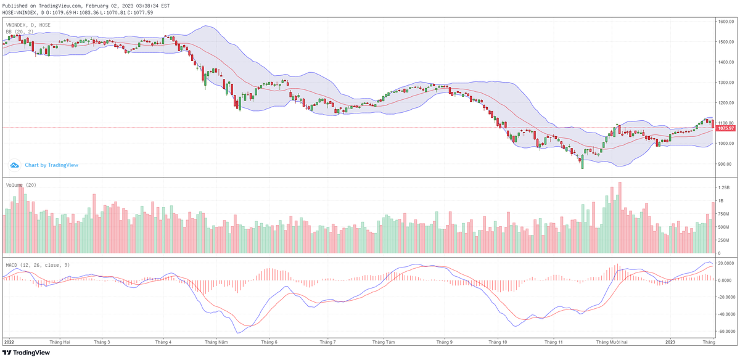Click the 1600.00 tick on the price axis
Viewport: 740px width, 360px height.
coord(725,22)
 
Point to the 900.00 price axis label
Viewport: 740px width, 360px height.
coord(725,164)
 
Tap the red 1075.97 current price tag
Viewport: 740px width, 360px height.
coord(725,128)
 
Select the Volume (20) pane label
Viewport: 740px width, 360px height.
coord(21,185)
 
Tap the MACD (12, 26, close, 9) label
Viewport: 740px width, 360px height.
coord(37,264)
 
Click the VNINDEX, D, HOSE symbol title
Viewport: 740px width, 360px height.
coord(28,25)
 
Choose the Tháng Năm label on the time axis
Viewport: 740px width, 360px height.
coord(216,342)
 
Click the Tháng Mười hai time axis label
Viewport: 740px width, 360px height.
coord(612,342)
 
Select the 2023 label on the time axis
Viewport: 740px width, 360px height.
coord(671,342)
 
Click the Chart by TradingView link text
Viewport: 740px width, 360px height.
coord(51,165)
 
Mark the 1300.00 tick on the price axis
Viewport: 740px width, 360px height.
coord(725,83)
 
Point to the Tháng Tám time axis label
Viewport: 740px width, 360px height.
coord(385,342)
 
